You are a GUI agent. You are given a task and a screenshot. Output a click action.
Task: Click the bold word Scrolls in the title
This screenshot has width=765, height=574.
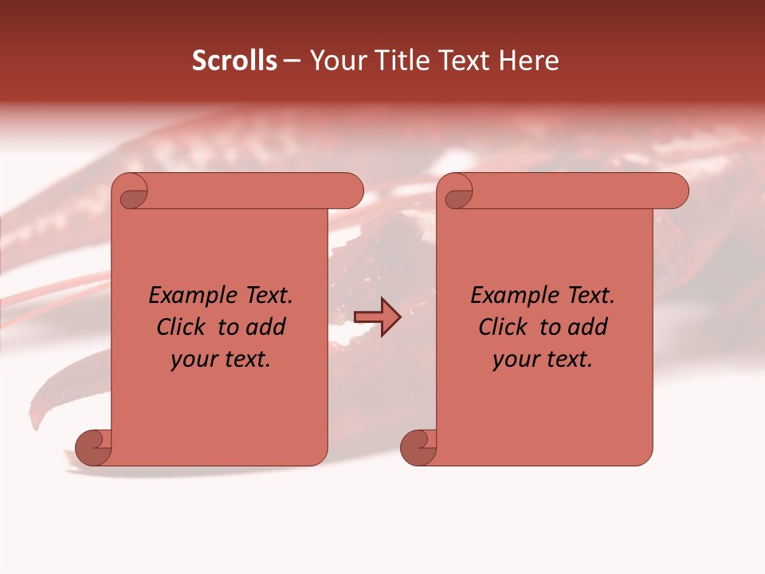tap(234, 61)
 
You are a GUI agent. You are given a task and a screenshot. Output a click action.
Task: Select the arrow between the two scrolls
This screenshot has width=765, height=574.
tap(377, 316)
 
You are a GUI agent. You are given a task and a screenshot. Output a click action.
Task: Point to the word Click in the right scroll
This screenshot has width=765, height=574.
tap(503, 327)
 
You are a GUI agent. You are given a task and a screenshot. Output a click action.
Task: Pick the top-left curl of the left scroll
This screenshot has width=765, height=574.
tap(131, 194)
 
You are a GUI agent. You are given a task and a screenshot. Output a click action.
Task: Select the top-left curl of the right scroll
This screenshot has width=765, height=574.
tap(457, 194)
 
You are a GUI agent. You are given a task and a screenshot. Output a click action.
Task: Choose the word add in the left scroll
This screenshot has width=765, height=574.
tap(266, 327)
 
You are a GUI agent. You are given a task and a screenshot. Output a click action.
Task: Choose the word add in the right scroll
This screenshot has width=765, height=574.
tap(587, 327)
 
